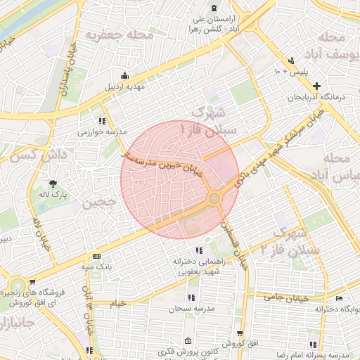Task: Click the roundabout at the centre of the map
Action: tap(215, 199)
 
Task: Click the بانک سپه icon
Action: tap(96, 257)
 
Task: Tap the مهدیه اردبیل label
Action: tap(124, 87)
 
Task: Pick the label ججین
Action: tap(98, 205)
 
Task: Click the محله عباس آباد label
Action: tap(335, 167)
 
